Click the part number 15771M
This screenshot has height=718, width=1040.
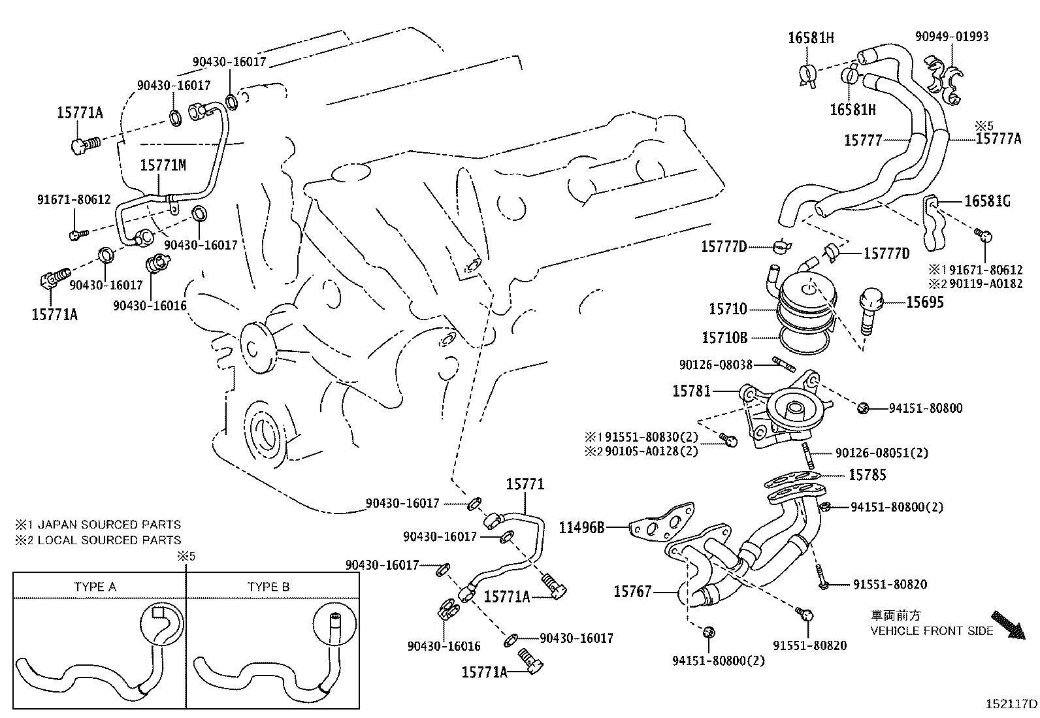pos(163,165)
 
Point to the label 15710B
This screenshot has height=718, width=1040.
pos(724,338)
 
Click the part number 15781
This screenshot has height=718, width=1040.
pos(691,391)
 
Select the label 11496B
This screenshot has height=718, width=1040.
pos(582,527)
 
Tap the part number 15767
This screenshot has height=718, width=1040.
pos(632,591)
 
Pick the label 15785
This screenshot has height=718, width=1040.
pos(867,475)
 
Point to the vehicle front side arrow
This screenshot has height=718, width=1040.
pos(1006,624)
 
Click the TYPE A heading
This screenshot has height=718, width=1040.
pos(95,587)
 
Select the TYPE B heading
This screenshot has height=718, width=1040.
pos(268,587)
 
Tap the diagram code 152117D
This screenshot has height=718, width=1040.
pos(1011,704)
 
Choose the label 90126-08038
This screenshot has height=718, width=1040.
pos(715,365)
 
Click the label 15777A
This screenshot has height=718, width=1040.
pos(998,138)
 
